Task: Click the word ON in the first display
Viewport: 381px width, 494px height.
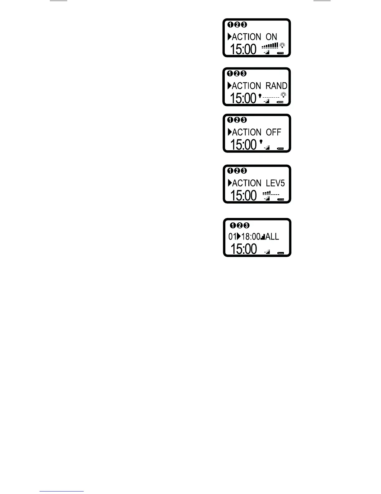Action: [x=271, y=37]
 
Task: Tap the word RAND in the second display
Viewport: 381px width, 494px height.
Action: [x=276, y=86]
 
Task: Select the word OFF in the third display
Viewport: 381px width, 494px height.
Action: [x=273, y=132]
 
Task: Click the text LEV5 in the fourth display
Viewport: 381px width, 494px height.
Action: [x=275, y=183]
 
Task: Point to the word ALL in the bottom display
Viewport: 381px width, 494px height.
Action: [x=272, y=237]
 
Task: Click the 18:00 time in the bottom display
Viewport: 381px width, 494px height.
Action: [x=251, y=237]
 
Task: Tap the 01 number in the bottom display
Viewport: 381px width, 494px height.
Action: [x=232, y=237]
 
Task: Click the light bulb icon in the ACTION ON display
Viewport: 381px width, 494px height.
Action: [x=282, y=46]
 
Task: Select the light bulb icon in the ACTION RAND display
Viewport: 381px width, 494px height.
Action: [x=283, y=94]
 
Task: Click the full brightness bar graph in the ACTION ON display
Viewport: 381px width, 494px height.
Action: [x=270, y=46]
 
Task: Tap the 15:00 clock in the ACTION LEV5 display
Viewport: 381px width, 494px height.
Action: [x=243, y=196]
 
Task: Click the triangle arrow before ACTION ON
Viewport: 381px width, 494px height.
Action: [x=229, y=37]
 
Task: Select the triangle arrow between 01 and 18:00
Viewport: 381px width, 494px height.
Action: [x=239, y=236]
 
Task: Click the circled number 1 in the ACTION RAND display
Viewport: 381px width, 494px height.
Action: [x=230, y=74]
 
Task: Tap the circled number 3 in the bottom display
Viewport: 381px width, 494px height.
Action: [x=246, y=225]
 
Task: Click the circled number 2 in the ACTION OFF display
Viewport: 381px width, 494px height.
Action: [x=237, y=120]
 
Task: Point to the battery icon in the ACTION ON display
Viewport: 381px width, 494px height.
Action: [x=280, y=53]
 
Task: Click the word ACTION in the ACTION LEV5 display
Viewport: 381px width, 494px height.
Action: [x=247, y=183]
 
